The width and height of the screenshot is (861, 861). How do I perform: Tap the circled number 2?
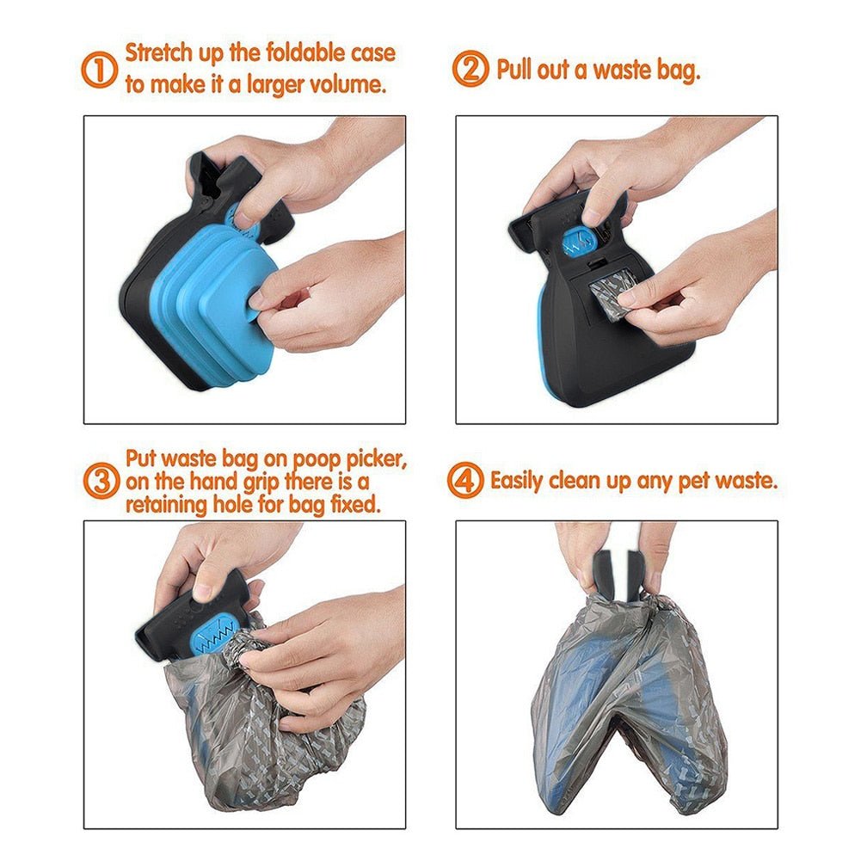click(470, 70)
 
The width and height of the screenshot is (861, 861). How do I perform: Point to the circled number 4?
click(465, 481)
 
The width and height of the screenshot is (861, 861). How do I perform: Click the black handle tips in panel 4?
click(618, 568)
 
